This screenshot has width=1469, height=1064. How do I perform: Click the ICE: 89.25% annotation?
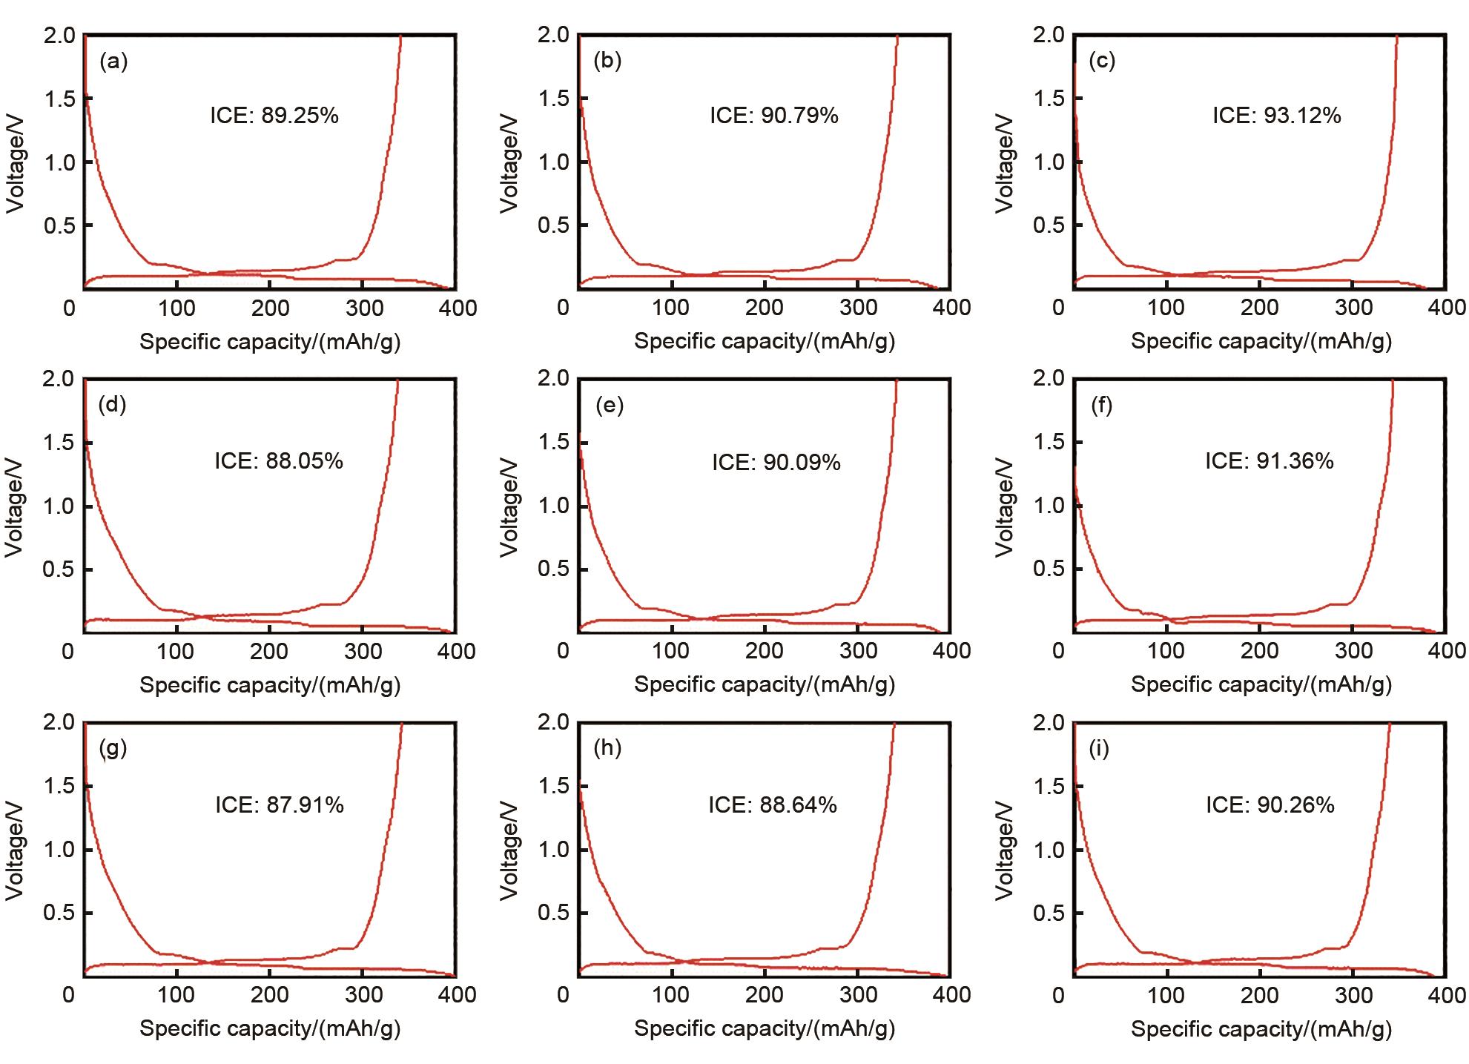click(x=274, y=116)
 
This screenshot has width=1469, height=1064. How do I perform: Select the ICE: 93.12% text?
click(x=1276, y=116)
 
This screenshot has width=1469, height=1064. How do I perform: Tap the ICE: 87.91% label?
click(x=280, y=804)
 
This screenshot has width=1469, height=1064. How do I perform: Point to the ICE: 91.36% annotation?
click(x=1269, y=461)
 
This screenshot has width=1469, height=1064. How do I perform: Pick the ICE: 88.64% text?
click(x=773, y=804)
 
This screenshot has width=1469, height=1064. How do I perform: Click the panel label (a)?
click(x=113, y=61)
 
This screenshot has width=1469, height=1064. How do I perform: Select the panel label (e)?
click(x=609, y=405)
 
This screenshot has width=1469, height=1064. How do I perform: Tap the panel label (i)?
click(x=1099, y=748)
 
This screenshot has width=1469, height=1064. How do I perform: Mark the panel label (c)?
click(x=1102, y=61)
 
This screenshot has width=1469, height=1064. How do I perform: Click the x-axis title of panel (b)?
click(x=765, y=341)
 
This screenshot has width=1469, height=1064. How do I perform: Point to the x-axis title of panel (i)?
click(x=1261, y=1028)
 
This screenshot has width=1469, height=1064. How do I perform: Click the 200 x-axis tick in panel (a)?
click(x=269, y=308)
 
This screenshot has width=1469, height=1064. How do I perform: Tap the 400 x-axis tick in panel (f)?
click(x=1447, y=651)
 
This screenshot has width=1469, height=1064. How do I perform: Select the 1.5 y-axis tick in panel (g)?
click(x=59, y=786)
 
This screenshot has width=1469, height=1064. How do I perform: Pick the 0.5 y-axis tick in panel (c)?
click(x=1049, y=225)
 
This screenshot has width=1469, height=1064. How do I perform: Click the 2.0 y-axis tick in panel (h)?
click(x=554, y=722)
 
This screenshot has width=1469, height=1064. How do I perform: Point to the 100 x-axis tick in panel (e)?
click(x=670, y=651)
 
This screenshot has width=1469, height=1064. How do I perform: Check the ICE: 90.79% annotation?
click(x=774, y=116)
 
